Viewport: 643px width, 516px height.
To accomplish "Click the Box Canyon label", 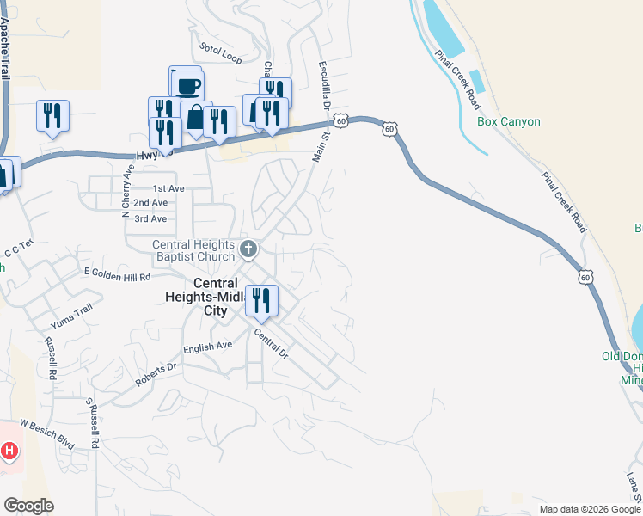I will pyautogui.click(x=509, y=121).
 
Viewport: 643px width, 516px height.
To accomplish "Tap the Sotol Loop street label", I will pyautogui.click(x=221, y=52).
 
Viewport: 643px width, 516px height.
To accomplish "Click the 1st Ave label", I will pyautogui.click(x=168, y=187).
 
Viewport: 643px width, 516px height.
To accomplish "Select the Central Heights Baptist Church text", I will pyautogui.click(x=193, y=250).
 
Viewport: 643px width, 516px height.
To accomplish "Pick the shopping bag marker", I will pyautogui.click(x=197, y=118).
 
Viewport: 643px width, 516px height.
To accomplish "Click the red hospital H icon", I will pyautogui.click(x=9, y=451).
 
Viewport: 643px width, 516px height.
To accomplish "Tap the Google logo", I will pyautogui.click(x=28, y=506).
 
